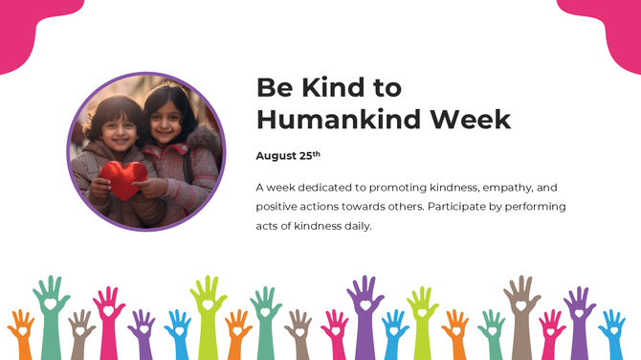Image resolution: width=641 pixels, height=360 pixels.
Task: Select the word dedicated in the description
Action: (339, 187)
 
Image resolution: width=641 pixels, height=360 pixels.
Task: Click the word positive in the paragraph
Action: (278, 206)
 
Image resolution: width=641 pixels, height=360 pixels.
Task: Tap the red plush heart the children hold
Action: (124, 177)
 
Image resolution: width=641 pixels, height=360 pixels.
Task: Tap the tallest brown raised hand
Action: (521, 306)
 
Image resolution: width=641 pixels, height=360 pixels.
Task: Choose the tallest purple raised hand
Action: (365, 306)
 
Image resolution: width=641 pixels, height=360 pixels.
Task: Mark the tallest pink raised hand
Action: (109, 311)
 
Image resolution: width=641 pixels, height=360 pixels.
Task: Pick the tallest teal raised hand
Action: (50, 306)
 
